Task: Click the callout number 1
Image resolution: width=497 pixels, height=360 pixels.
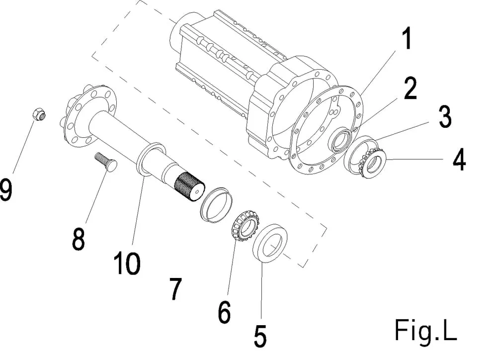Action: (x=407, y=38)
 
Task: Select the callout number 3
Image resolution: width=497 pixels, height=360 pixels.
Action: (x=445, y=117)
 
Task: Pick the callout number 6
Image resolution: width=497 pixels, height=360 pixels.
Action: (x=225, y=312)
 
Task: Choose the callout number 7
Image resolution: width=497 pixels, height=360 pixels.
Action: (x=175, y=288)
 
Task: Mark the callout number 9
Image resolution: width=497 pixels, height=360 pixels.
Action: (x=5, y=189)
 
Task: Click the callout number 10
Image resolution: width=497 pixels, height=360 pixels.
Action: (x=127, y=263)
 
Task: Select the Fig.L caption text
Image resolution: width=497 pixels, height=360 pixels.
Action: (x=426, y=330)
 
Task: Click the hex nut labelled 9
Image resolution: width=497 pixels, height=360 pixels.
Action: (x=39, y=114)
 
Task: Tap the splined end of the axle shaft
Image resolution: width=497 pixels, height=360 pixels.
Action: (x=189, y=186)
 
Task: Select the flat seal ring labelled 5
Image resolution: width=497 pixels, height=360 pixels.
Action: (x=270, y=243)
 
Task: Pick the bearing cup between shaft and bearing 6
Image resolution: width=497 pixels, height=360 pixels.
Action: (x=217, y=205)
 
